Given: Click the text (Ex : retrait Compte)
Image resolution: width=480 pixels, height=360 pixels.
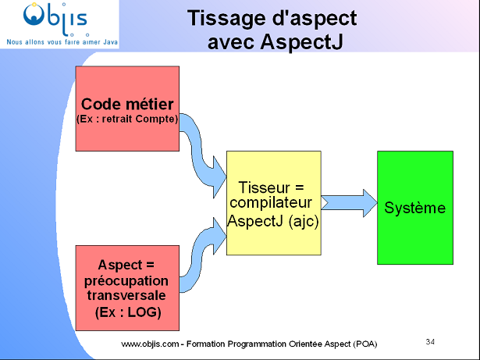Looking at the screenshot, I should [127, 119].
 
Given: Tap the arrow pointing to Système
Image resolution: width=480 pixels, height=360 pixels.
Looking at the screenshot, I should [347, 202].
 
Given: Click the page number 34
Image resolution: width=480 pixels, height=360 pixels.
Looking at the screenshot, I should [431, 340].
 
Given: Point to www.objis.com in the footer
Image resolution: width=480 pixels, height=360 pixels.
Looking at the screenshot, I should [150, 344].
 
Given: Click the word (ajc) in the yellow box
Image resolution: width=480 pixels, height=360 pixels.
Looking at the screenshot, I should [301, 221].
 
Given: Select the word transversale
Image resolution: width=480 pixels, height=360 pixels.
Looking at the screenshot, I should [127, 297].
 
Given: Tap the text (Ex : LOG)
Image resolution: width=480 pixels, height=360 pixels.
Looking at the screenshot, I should [127, 313].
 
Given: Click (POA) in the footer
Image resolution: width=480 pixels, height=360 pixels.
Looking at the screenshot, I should [364, 344].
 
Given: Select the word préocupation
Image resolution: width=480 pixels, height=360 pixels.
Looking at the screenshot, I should [127, 280].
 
